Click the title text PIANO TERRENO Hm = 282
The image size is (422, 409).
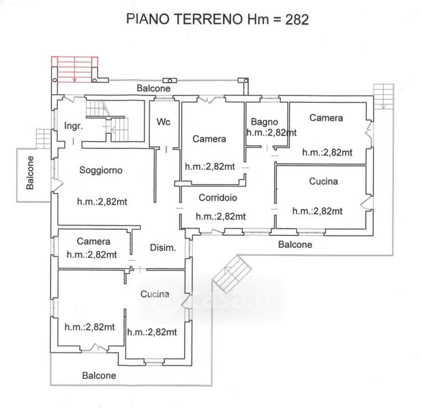click(217, 19)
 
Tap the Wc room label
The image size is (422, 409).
click(164, 122)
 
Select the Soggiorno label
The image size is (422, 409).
click(101, 170)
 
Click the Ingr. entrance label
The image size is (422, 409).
click(73, 126)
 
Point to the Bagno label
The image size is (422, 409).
click(265, 122)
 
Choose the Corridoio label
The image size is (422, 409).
click(217, 198)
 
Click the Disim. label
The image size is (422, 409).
click(163, 247)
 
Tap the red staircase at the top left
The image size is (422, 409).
click(74, 69)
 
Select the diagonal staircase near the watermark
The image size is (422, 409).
click(232, 274)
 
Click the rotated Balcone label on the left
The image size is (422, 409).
click(30, 172)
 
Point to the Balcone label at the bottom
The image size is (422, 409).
click(99, 376)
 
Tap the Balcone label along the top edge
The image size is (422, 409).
click(153, 88)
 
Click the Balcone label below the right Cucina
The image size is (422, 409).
click(295, 244)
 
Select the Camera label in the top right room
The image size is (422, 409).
click(326, 118)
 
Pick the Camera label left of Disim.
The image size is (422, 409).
click(93, 241)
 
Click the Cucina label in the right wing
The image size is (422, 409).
click(324, 181)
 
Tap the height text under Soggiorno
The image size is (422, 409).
click(102, 202)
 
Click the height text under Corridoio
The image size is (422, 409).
click(221, 216)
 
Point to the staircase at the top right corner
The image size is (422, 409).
click(384, 97)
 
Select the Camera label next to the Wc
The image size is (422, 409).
click(209, 139)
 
